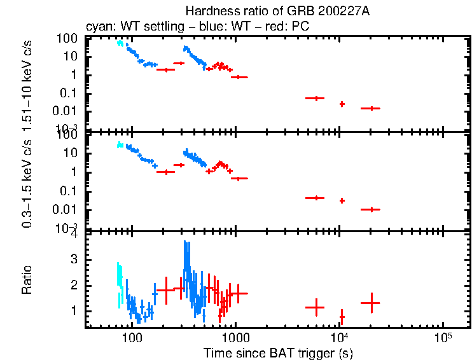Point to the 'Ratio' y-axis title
tap(27, 280)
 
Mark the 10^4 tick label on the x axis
tap(340, 336)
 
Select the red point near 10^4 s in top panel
tap(342, 104)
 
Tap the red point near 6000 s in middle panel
tap(315, 198)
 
